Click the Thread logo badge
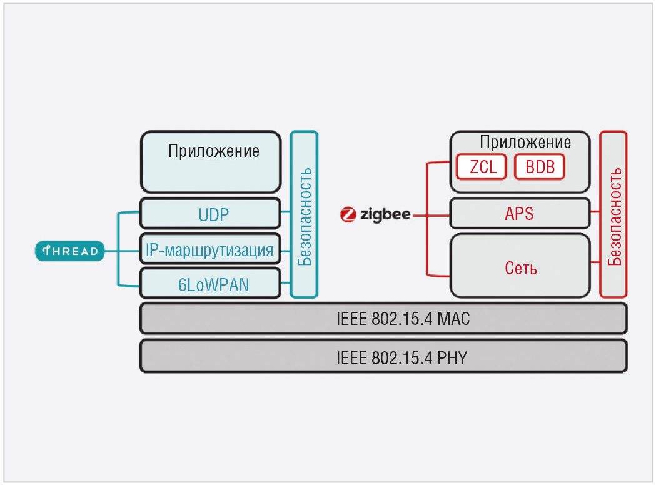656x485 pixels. point(69,251)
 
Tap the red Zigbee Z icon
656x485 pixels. point(348,214)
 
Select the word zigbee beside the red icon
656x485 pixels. point(385,214)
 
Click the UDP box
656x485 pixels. point(209,214)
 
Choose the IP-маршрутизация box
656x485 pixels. point(209,251)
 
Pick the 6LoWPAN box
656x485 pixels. point(209,284)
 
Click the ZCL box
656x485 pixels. point(482,166)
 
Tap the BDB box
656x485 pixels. point(540,166)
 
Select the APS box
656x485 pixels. point(520,214)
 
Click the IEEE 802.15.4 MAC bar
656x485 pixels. point(383,319)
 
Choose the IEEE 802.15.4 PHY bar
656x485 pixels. point(383,357)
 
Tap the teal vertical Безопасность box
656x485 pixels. point(305,214)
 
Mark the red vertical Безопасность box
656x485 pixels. point(613,214)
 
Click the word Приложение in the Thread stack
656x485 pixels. point(214,151)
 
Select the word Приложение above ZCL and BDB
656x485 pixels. point(525,142)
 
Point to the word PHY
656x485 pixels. point(453,358)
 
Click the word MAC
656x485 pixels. point(453,319)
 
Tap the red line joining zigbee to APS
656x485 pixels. point(431,215)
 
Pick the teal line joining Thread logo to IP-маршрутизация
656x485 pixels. point(122,251)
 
